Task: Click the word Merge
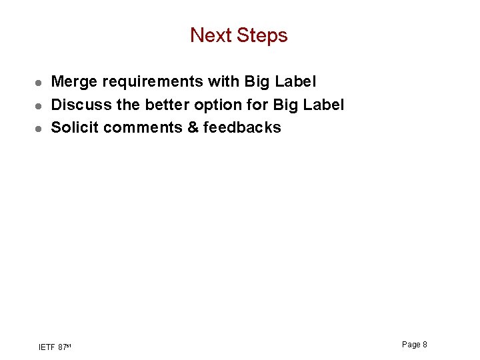click(74, 82)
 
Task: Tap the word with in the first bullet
click(224, 82)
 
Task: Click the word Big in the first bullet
click(257, 82)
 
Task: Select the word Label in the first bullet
click(295, 82)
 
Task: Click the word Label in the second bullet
click(323, 105)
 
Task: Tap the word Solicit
click(75, 127)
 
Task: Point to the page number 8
click(425, 344)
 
